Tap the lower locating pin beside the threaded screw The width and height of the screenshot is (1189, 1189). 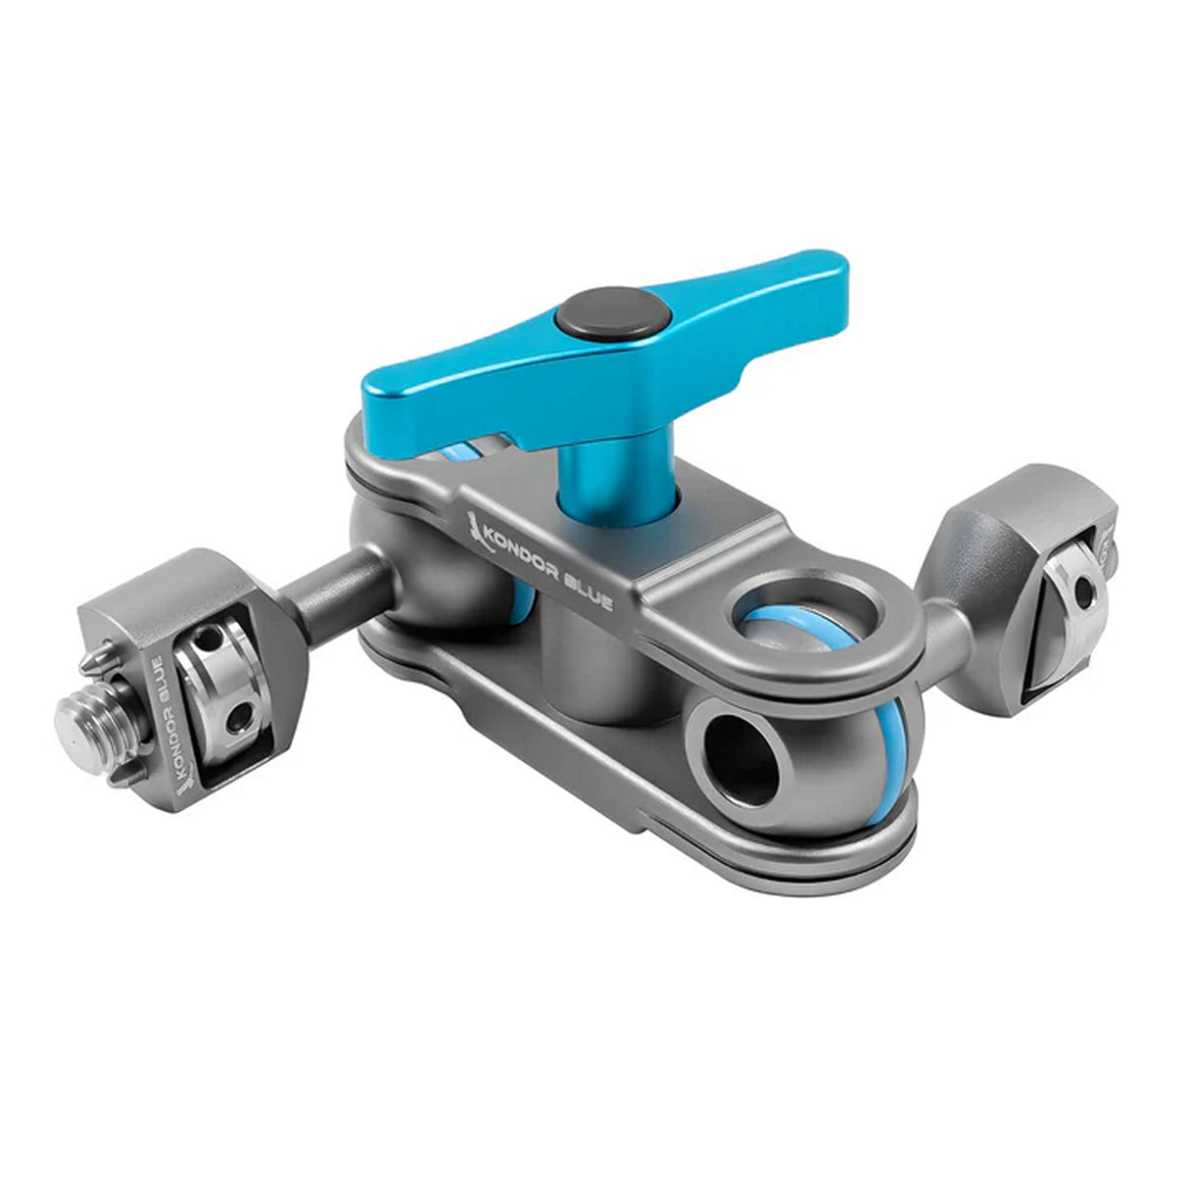click(118, 774)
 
